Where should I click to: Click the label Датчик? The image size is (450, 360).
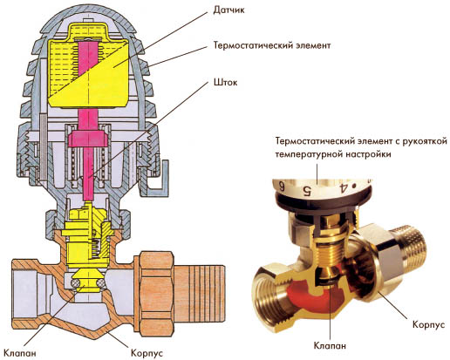tap(224, 10)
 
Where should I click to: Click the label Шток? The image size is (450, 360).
tap(225, 83)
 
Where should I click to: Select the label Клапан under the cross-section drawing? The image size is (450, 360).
tap(21, 353)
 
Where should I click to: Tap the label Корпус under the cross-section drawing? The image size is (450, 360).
tap(147, 353)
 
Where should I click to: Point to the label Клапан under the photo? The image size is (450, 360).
tap(330, 346)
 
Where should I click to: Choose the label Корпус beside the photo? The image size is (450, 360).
tap(429, 324)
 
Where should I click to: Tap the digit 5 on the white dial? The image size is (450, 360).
tap(307, 190)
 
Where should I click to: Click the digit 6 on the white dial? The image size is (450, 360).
tap(282, 186)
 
